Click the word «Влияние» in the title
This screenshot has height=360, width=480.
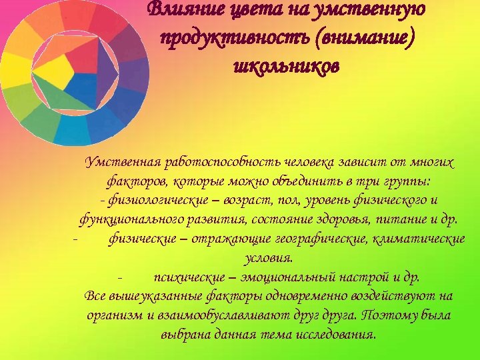click(175, 10)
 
